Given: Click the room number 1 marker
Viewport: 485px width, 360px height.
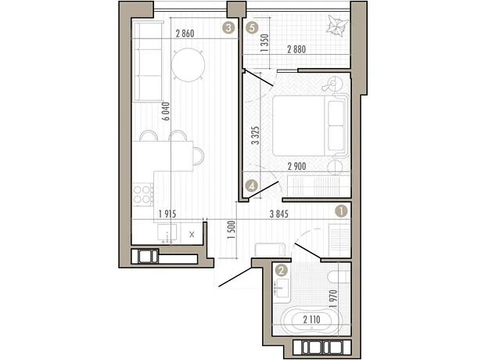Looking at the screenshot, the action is [341, 211].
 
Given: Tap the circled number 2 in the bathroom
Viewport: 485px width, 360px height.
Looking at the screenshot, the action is [281, 271].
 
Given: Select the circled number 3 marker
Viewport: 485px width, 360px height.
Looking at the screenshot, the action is [228, 28].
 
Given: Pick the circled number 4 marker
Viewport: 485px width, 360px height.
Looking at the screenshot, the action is [251, 186].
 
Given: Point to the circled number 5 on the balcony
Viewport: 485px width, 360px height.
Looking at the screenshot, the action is [252, 28].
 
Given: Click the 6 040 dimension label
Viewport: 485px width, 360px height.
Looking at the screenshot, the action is [166, 111].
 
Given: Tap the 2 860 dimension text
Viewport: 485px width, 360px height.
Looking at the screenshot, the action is [185, 34].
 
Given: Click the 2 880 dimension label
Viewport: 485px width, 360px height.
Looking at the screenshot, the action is [296, 49].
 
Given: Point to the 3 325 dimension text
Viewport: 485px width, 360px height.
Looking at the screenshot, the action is [256, 135].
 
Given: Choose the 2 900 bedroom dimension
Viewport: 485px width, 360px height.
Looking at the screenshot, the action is [296, 167].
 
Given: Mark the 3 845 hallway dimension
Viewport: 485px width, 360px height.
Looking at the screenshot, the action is [279, 214].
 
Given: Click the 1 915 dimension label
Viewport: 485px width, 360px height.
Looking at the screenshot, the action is [167, 214].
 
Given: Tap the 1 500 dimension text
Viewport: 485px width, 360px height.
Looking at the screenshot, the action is [232, 230].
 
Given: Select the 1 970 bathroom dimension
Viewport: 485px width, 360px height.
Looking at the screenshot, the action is [333, 299].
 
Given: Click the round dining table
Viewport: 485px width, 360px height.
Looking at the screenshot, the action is [188, 65].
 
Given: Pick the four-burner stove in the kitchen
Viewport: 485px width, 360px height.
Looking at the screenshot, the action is [143, 194].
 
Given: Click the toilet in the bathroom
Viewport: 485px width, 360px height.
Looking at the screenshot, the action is [339, 277].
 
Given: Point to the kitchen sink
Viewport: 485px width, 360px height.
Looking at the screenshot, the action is [167, 232].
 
